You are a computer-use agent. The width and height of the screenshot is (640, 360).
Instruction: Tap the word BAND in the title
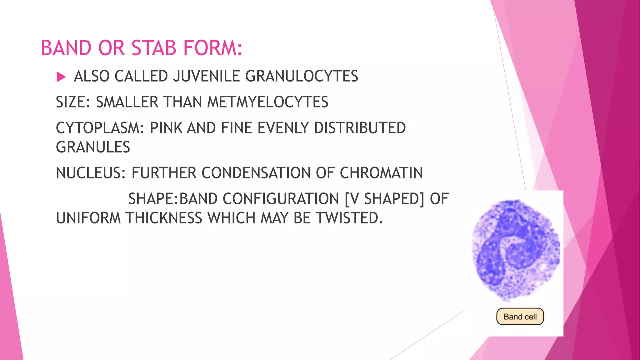tap(65, 48)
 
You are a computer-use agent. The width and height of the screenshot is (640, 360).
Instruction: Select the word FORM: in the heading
tap(213, 48)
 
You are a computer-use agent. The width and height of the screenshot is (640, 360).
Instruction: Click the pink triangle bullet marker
tap(61, 77)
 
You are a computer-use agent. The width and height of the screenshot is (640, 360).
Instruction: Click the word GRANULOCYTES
tap(302, 76)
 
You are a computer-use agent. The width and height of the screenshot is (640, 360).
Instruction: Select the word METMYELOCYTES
tap(268, 102)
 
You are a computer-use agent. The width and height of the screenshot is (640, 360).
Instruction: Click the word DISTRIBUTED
tap(360, 128)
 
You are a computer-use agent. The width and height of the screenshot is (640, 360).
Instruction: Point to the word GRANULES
tap(93, 147)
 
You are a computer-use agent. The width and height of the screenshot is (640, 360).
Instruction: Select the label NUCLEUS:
tap(91, 173)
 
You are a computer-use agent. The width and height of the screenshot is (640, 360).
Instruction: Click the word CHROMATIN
tap(381, 173)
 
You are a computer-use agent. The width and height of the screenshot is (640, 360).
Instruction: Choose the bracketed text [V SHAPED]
tap(384, 199)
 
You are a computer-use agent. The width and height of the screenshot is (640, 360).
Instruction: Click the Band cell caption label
tap(520, 317)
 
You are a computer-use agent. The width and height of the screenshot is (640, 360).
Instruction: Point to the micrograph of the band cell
tap(516, 250)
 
